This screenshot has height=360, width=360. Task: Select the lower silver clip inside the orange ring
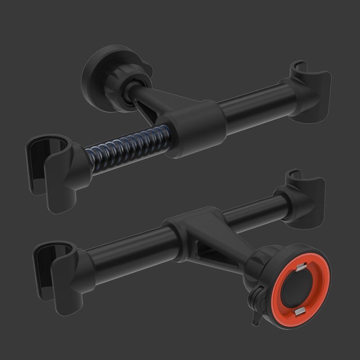300,312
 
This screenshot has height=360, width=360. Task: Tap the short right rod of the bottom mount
252,212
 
